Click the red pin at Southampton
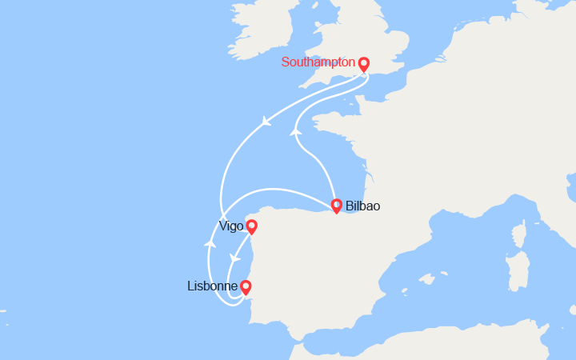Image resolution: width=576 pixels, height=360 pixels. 364,64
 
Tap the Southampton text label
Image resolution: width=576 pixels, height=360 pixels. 318,62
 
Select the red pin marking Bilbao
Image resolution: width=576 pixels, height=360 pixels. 337,206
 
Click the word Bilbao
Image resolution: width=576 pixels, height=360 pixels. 362,206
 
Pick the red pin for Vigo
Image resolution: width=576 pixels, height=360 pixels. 251,226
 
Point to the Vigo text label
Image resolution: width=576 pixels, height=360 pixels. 230,226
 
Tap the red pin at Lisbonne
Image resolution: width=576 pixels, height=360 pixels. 246,286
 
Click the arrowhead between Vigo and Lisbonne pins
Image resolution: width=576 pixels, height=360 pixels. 234,258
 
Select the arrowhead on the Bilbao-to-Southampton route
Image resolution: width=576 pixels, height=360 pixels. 295,132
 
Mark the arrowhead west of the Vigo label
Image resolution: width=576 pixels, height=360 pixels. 210,242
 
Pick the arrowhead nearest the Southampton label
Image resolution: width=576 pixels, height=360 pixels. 266,122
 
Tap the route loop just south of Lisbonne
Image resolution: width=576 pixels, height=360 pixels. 235,302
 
